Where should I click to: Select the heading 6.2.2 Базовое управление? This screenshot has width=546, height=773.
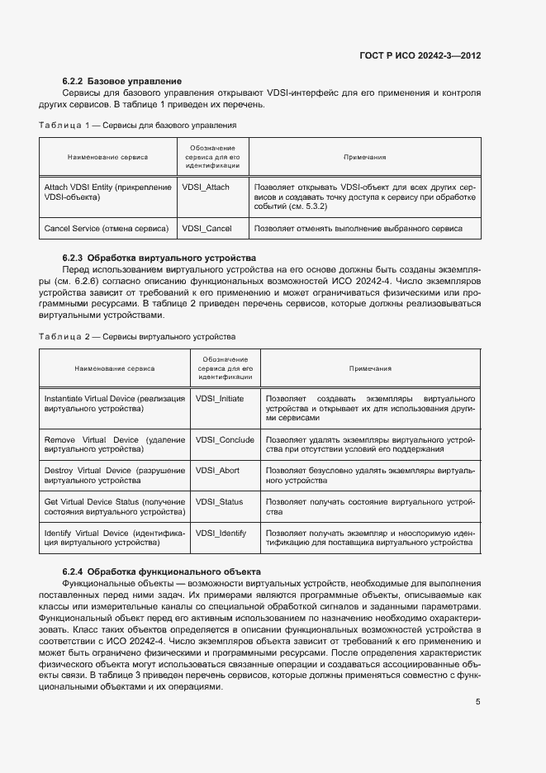pos(121,81)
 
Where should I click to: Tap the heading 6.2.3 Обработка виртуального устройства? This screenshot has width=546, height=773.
pos(159,258)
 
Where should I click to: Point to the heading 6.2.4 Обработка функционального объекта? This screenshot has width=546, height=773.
pos(162,571)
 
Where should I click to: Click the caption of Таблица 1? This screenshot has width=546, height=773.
pos(138,126)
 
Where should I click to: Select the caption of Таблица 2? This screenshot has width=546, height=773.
pos(137,337)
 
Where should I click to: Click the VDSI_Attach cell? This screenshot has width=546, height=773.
pos(206,187)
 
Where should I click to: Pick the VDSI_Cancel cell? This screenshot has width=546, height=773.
pos(207,229)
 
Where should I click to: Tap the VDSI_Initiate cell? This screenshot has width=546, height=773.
pos(220,398)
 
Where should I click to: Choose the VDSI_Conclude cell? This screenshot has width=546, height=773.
pos(225,440)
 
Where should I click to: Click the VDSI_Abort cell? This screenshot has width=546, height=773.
pos(217,471)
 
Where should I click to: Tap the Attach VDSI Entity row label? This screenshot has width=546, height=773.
pos(107,192)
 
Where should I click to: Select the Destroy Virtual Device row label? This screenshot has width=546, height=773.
pos(114,475)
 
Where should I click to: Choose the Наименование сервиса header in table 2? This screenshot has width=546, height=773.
pos(115,368)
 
